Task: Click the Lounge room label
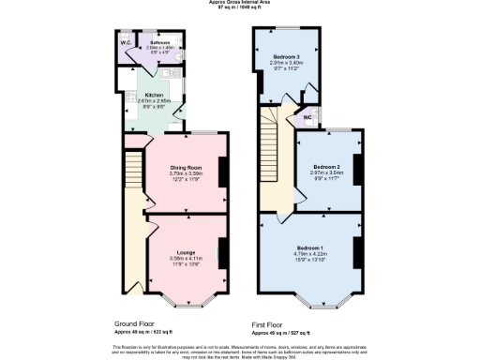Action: pyautogui.click(x=184, y=252)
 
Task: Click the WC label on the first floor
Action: pyautogui.click(x=307, y=118)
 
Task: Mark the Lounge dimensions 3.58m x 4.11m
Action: pyautogui.click(x=184, y=259)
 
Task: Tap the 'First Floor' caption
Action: pyautogui.click(x=272, y=323)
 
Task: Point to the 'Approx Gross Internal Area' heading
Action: pyautogui.click(x=240, y=3)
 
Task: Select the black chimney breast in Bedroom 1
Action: pyautogui.click(x=357, y=251)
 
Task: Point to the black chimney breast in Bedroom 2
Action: pyautogui.click(x=356, y=170)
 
